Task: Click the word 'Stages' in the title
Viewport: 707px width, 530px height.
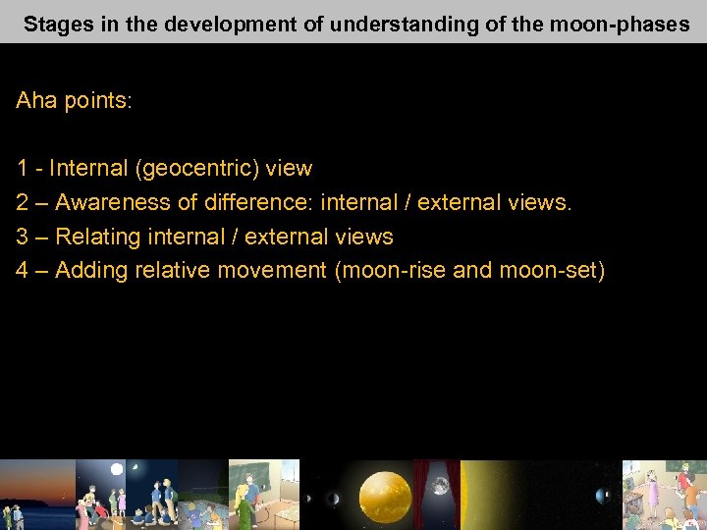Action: pyautogui.click(x=55, y=25)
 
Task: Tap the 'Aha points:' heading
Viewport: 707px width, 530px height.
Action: pyautogui.click(x=73, y=101)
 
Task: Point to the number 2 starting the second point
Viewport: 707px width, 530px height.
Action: pyautogui.click(x=22, y=203)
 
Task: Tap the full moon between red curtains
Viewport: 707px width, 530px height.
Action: pyautogui.click(x=440, y=486)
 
